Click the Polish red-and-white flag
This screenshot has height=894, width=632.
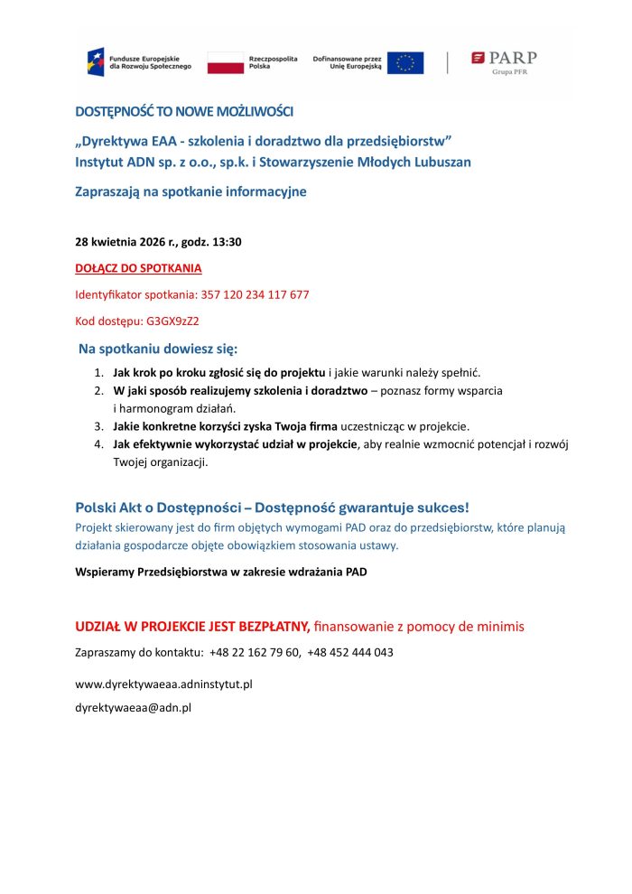tap(226, 62)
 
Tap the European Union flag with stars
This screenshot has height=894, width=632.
tap(405, 62)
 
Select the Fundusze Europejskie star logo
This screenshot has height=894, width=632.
tap(95, 62)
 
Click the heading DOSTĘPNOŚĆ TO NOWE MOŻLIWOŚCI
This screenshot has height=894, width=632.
tap(184, 111)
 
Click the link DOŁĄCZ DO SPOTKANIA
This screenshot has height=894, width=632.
tap(138, 268)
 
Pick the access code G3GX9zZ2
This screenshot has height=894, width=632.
tap(172, 321)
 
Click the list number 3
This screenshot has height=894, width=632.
tap(98, 425)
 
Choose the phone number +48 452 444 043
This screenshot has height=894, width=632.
tap(350, 652)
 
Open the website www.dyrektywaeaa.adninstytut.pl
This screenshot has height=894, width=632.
tap(163, 684)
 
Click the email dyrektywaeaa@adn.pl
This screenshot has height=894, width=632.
tap(133, 708)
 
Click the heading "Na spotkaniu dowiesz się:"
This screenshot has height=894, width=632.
tap(158, 349)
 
